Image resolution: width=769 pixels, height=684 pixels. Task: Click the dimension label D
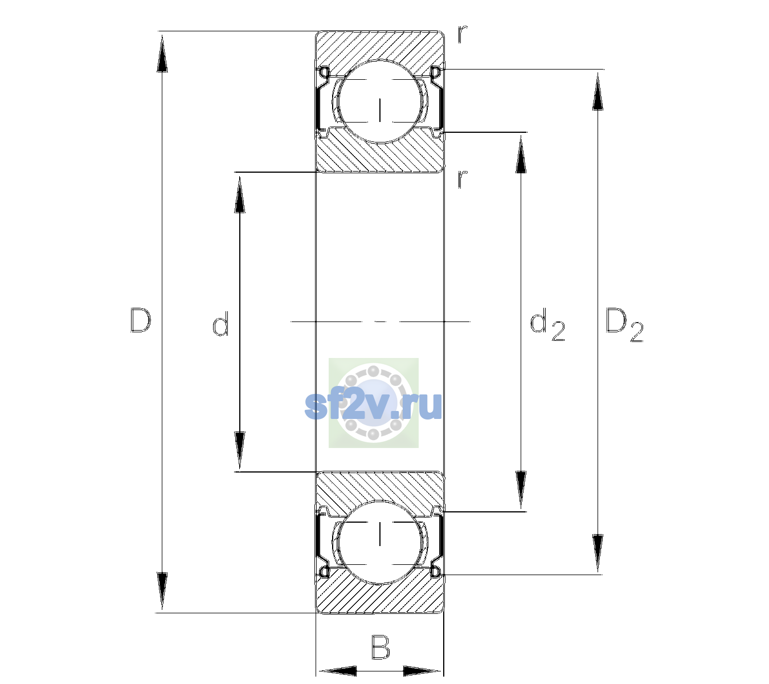coord(141,320)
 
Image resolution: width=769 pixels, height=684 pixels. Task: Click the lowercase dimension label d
coord(220,324)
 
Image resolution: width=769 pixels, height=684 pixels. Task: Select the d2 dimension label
coord(547,324)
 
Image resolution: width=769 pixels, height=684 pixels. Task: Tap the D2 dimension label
coord(624,325)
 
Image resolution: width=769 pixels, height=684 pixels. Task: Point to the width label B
coord(381,647)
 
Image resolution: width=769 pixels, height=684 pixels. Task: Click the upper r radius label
coord(463,34)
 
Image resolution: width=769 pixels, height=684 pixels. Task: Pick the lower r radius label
coord(463,179)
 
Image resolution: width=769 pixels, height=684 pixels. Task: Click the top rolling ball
coord(380,101)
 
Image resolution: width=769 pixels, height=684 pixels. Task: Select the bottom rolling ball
coord(380,542)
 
